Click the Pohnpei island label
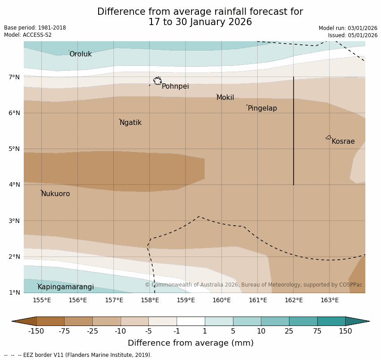pyautogui.click(x=175, y=86)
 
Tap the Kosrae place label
pyautogui.click(x=343, y=141)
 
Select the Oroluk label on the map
pyautogui.click(x=81, y=54)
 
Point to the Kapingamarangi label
pyautogui.click(x=66, y=287)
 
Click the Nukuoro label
pyautogui.click(x=56, y=194)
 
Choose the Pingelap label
pyautogui.click(x=262, y=108)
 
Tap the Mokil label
pyautogui.click(x=225, y=98)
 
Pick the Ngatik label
pyautogui.click(x=130, y=123)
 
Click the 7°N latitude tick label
pyautogui.click(x=14, y=77)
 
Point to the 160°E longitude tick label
pyautogui.click(x=221, y=300)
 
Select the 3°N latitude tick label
pyautogui.click(x=14, y=221)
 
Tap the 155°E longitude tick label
pyautogui.click(x=42, y=300)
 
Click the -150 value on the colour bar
pyautogui.click(x=36, y=331)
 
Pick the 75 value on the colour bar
pyautogui.click(x=317, y=331)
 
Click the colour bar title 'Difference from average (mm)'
pyautogui.click(x=190, y=343)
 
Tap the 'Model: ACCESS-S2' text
pyautogui.click(x=28, y=35)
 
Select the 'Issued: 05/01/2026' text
pyautogui.click(x=352, y=35)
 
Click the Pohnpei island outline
pyautogui.click(x=157, y=81)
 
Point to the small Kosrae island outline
pyautogui.click(x=329, y=137)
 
